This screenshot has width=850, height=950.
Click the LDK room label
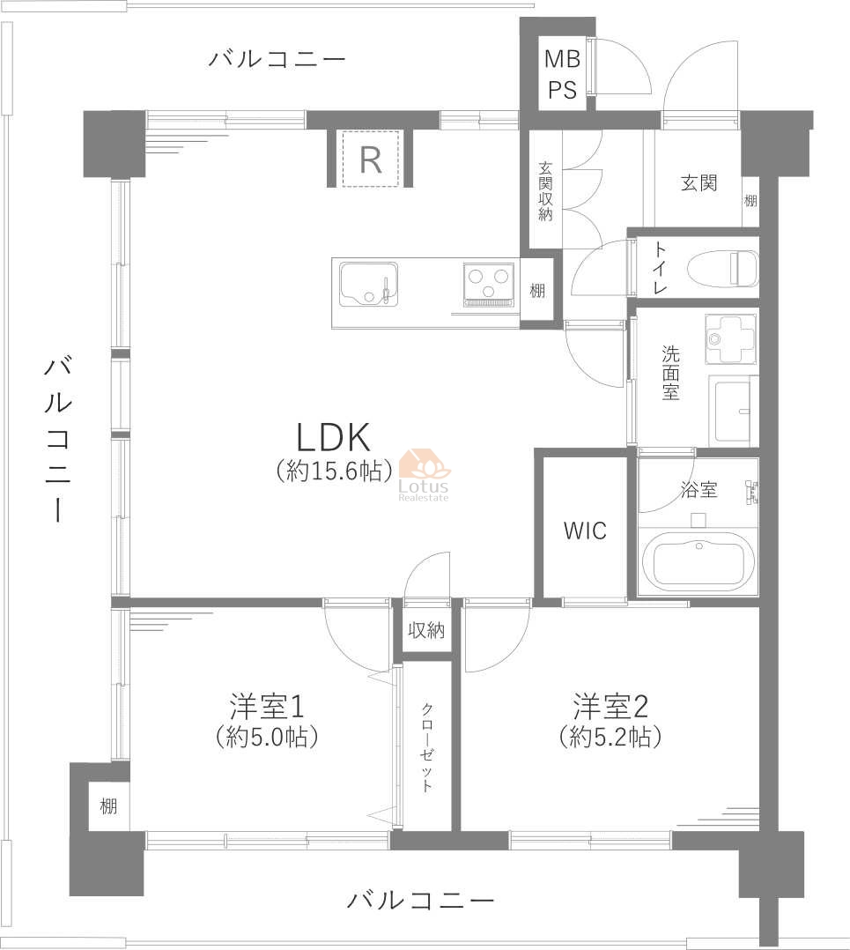click(x=334, y=437)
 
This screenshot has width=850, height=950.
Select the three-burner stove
click(x=488, y=284)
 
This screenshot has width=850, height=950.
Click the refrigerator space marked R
click(x=371, y=159)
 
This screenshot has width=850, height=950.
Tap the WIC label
click(x=585, y=531)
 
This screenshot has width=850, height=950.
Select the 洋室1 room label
click(x=266, y=707)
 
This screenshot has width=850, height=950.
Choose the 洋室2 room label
click(x=610, y=707)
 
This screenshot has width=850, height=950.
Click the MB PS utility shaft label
click(x=563, y=74)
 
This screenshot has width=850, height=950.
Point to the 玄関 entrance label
click(x=699, y=182)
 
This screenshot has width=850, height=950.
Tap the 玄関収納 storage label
click(x=545, y=191)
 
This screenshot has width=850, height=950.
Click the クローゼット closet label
click(x=427, y=747)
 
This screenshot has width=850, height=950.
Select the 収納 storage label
click(x=426, y=630)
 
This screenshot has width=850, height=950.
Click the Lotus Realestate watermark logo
click(x=424, y=476)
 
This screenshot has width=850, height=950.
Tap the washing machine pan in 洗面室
click(x=731, y=339)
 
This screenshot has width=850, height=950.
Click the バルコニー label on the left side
click(x=58, y=439)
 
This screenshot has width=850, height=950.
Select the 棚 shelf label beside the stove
click(x=537, y=291)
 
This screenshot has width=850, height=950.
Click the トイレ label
click(x=660, y=269)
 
